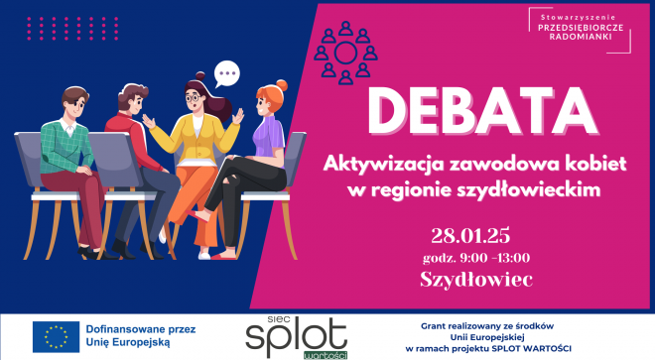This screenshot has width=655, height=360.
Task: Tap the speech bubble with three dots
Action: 229,72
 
